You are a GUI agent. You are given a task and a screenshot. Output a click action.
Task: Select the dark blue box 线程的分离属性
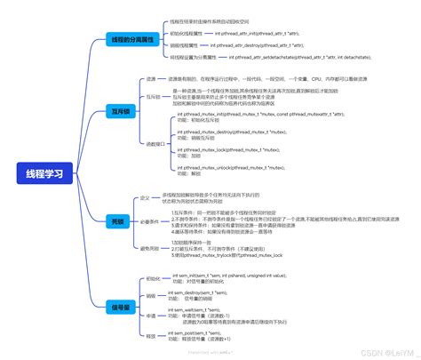point(131,41)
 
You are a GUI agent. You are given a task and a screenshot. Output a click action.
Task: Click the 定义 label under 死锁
point(145,198)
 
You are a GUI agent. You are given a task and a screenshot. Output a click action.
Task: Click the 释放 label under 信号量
point(150,335)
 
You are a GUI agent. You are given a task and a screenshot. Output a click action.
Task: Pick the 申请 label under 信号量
point(150,316)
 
